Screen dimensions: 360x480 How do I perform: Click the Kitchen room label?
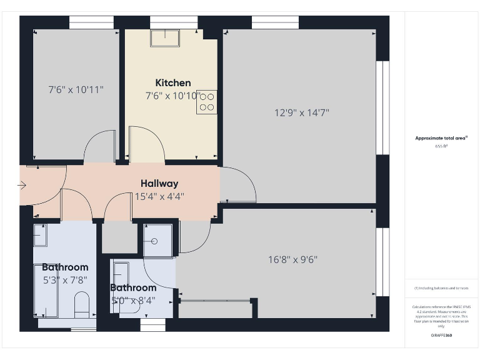pyautogui.click(x=173, y=83)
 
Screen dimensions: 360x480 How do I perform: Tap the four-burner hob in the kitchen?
pyautogui.click(x=207, y=102)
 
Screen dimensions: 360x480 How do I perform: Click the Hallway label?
pyautogui.click(x=159, y=184)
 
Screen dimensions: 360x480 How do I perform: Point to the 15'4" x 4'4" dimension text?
pyautogui.click(x=159, y=196)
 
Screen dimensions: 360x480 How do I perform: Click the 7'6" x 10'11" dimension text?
pyautogui.click(x=76, y=89)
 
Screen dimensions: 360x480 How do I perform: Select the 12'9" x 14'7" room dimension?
pyautogui.click(x=302, y=113)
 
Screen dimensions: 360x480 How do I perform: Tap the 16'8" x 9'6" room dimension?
pyautogui.click(x=292, y=259)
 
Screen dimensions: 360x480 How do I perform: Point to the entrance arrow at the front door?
pyautogui.click(x=22, y=185)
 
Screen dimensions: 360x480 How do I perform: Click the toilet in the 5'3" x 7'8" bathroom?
pyautogui.click(x=82, y=304)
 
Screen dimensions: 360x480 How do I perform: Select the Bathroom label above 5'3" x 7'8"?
pyautogui.click(x=65, y=267)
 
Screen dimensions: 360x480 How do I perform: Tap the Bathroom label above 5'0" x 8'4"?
pyautogui.click(x=133, y=287)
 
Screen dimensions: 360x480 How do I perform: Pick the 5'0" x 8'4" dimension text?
pyautogui.click(x=133, y=300)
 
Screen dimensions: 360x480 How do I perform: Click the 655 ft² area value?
pyautogui.click(x=441, y=146)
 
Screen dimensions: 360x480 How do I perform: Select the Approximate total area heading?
pyautogui.click(x=441, y=138)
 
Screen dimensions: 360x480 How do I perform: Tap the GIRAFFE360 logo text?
pyautogui.click(x=441, y=336)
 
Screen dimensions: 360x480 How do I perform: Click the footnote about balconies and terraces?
pyautogui.click(x=441, y=288)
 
